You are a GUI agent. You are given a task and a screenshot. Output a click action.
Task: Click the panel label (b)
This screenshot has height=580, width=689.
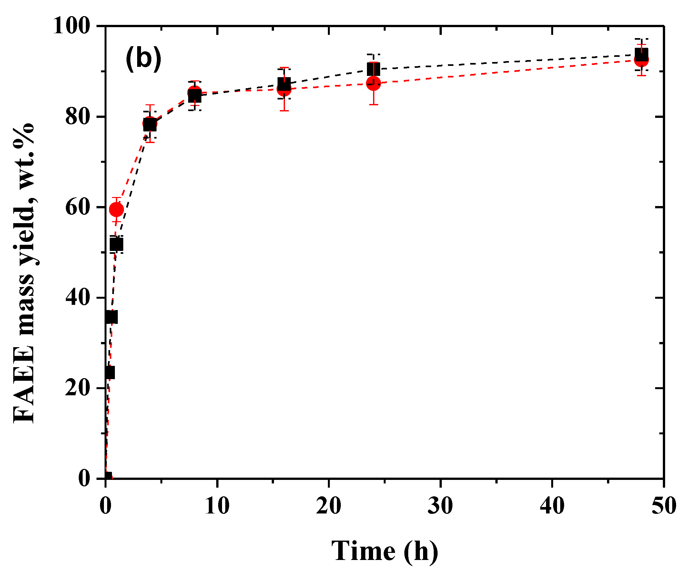tap(143, 58)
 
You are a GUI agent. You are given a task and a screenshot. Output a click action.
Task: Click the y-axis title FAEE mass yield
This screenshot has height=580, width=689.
tap(24, 273)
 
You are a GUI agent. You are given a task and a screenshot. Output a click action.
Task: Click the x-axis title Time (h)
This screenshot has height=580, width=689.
tap(385, 551)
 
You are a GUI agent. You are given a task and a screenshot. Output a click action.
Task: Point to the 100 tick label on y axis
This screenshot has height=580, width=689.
tap(71, 26)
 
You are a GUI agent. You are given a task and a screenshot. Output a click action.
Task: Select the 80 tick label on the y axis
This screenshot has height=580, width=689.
tap(77, 117)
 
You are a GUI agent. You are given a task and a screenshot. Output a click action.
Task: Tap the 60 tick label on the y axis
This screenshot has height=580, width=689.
tap(77, 207)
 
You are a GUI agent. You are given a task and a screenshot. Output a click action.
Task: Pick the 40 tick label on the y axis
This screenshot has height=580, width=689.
tap(77, 298)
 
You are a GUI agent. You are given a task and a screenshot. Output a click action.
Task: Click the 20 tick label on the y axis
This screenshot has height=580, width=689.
tap(77, 388)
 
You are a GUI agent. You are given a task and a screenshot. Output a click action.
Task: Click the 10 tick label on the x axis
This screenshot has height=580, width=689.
tap(217, 506)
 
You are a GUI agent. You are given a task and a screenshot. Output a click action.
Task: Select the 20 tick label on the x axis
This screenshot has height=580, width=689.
tap(329, 506)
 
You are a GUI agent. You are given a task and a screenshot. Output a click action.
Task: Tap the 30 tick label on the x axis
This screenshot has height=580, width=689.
tap(440, 506)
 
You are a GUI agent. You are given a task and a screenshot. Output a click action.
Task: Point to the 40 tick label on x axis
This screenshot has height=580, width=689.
tap(552, 506)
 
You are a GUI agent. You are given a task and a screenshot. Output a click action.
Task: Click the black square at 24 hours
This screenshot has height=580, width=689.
tap(374, 69)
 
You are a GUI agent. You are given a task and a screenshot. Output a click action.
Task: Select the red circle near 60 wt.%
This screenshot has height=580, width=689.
tap(116, 210)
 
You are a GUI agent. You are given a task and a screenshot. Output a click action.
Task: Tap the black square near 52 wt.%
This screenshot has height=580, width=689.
tap(116, 244)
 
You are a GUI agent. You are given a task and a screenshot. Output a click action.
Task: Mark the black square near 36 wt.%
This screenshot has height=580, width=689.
tap(111, 317)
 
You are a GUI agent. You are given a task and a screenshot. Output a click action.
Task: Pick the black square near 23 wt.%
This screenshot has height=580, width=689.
tap(109, 373)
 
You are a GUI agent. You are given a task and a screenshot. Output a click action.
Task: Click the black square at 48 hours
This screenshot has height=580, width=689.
tap(641, 54)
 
